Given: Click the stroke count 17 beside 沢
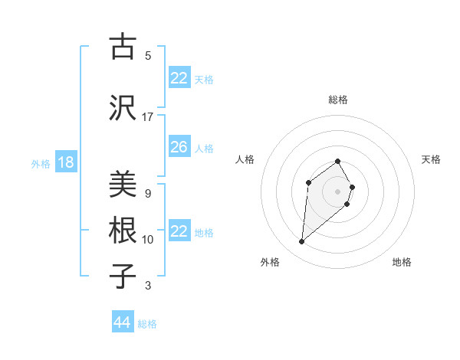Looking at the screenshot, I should coord(148,117).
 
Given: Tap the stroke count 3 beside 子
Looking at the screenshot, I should coord(148,286).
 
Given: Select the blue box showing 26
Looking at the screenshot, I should coord(179,147).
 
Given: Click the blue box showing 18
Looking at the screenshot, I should coord(65,162).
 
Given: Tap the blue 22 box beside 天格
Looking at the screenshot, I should coord(179,78).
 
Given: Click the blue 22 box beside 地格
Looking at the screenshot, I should coord(179,231).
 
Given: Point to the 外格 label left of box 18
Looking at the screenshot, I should coord(41,163).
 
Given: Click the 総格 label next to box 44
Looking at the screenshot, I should coord(147,324).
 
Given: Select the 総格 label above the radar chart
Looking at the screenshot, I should coord(338,100).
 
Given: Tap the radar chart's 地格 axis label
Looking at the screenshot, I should coord(402,262).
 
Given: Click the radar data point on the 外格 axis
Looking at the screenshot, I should coord(302,242).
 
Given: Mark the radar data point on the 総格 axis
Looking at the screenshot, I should coord(338,162).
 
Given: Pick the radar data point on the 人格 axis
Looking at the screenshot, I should coord(308,182).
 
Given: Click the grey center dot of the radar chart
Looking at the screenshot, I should coord(338,191).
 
